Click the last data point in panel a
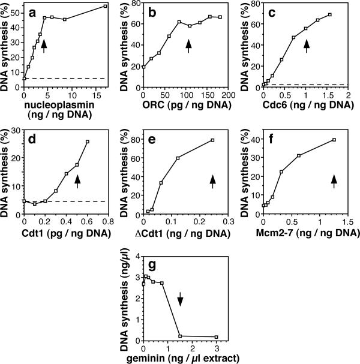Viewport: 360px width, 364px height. pyautogui.click(x=106, y=6)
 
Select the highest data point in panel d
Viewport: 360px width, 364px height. pyautogui.click(x=88, y=142)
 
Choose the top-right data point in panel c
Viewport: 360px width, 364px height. pyautogui.click(x=329, y=14)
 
